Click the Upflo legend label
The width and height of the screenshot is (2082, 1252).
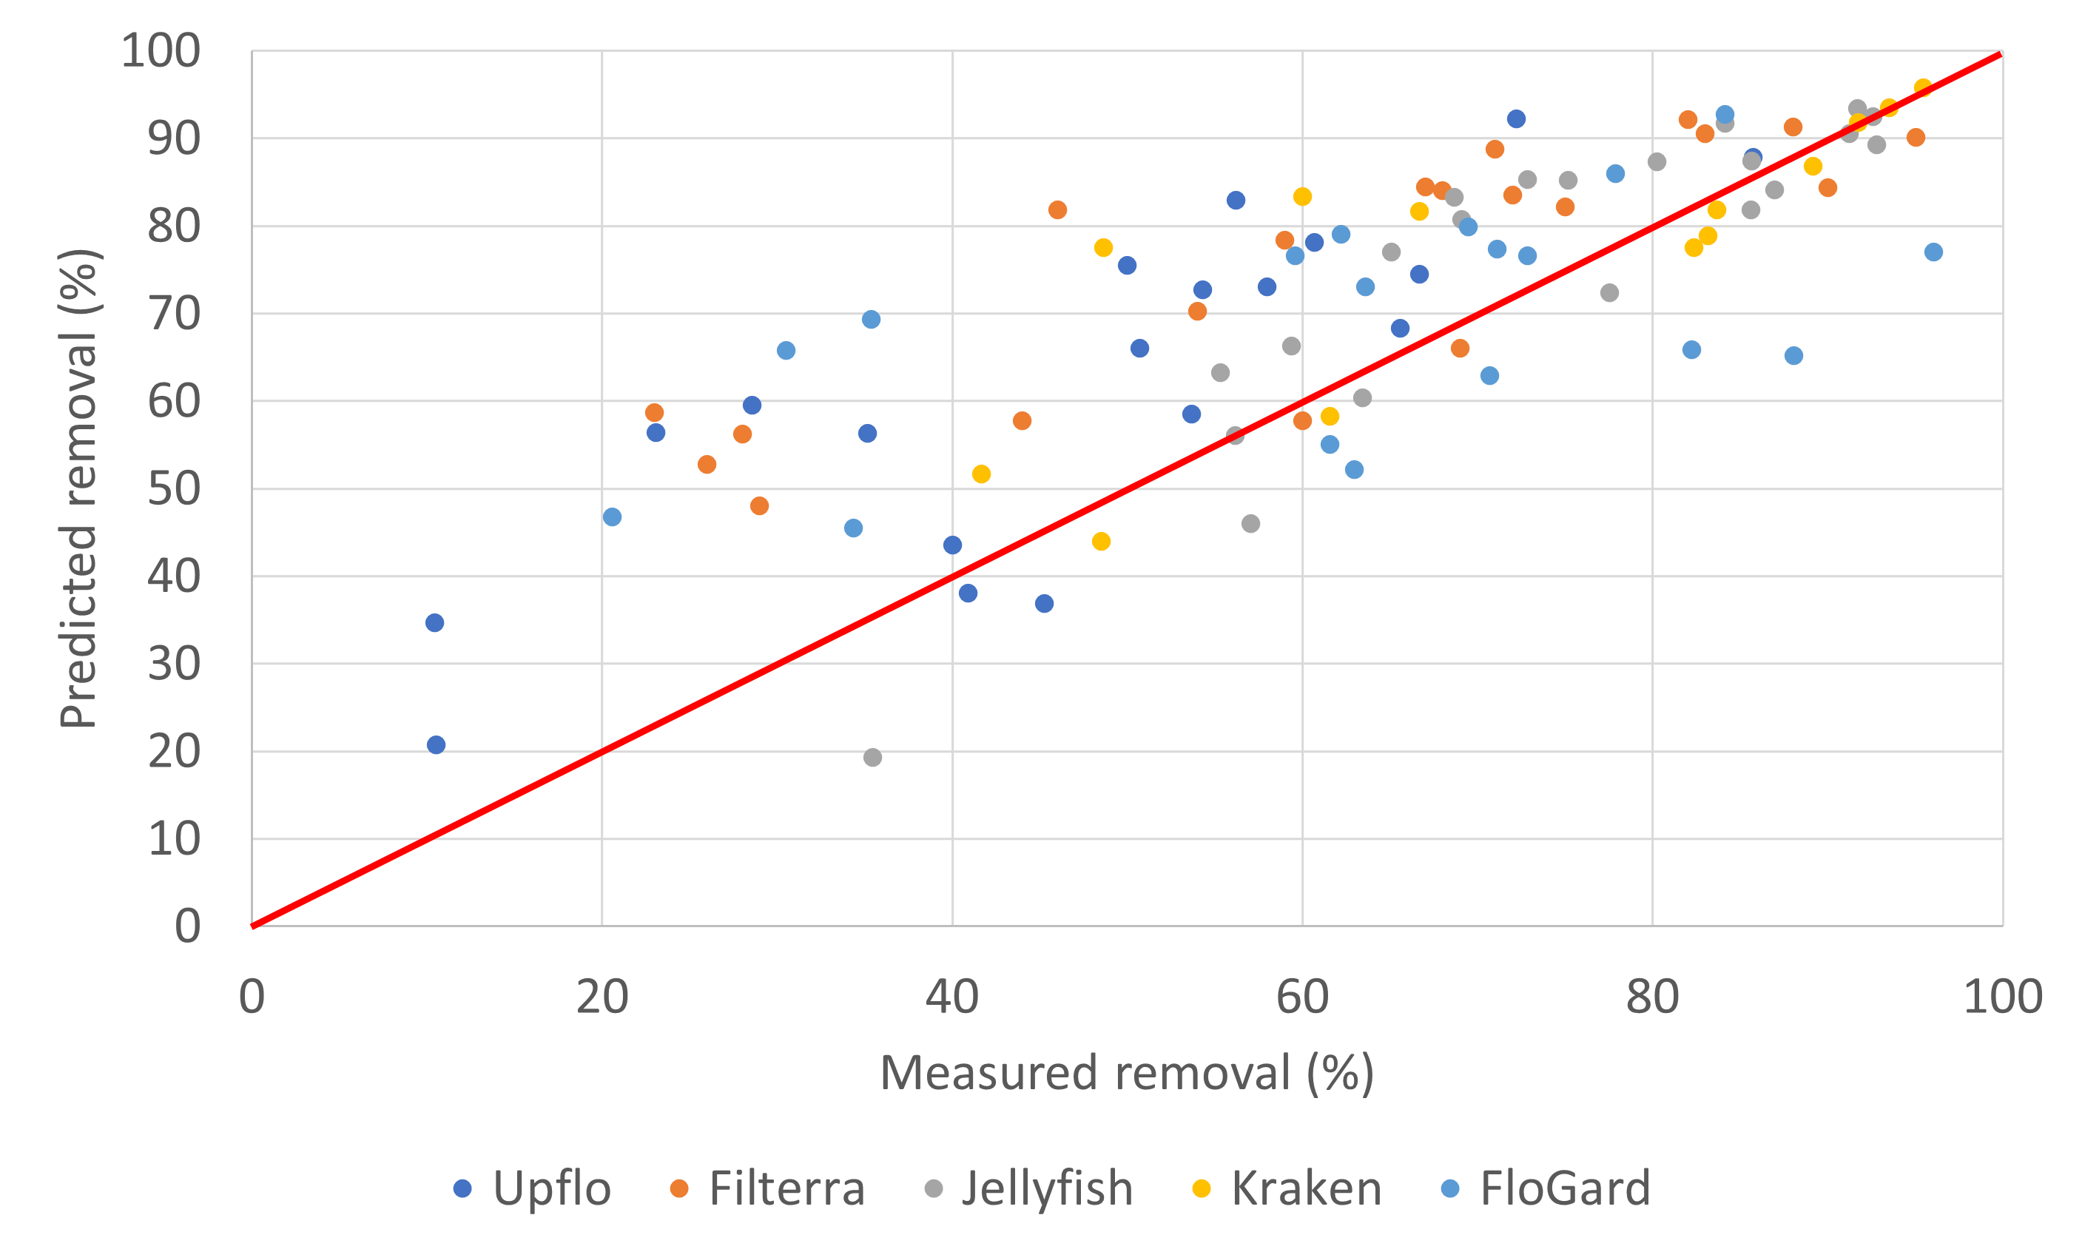click(x=551, y=1188)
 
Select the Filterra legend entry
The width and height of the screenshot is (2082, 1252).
click(x=786, y=1188)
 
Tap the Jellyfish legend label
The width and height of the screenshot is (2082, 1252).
click(x=1046, y=1188)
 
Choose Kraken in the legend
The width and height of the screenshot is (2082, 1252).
click(x=1306, y=1188)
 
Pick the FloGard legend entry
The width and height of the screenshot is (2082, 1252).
click(x=1565, y=1188)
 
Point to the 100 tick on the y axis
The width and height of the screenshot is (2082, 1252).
click(x=161, y=50)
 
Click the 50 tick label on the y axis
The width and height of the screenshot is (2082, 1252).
click(x=174, y=488)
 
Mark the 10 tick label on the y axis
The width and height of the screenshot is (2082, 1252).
click(x=174, y=839)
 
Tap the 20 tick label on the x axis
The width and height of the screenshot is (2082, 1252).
click(x=602, y=997)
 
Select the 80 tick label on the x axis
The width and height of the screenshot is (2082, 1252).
click(x=1653, y=997)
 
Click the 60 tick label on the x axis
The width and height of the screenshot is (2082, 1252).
click(x=1302, y=997)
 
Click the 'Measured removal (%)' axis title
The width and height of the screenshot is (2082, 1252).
click(x=1127, y=1073)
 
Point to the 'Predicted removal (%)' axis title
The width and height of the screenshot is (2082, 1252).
click(x=78, y=488)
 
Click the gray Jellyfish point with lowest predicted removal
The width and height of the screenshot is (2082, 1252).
click(x=872, y=758)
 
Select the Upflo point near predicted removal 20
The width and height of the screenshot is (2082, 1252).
click(x=436, y=745)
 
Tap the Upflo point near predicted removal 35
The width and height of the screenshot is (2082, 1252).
click(x=434, y=622)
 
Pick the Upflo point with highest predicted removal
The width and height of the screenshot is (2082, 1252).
click(x=1516, y=119)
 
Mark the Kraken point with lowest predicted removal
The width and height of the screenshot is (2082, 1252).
click(x=1101, y=542)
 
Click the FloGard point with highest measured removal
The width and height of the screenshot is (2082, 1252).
click(x=1933, y=252)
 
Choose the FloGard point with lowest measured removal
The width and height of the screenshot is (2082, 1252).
click(x=613, y=517)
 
